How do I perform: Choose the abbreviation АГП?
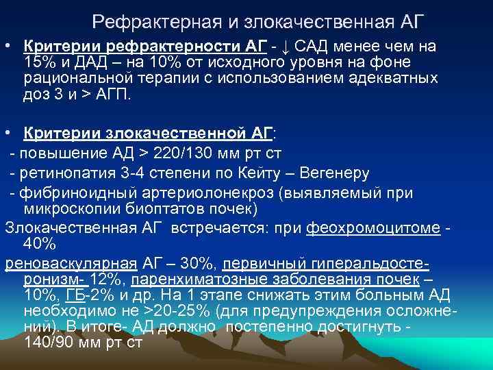pos(113,95)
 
